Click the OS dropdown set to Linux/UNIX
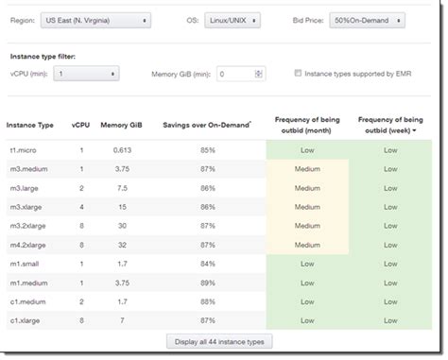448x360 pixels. (232, 19)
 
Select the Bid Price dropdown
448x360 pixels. (368, 19)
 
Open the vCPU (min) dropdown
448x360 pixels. (85, 73)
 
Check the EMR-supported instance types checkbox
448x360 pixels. (298, 72)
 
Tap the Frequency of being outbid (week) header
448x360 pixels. (389, 125)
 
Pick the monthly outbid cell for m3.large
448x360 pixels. (307, 187)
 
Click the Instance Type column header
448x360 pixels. (30, 125)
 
